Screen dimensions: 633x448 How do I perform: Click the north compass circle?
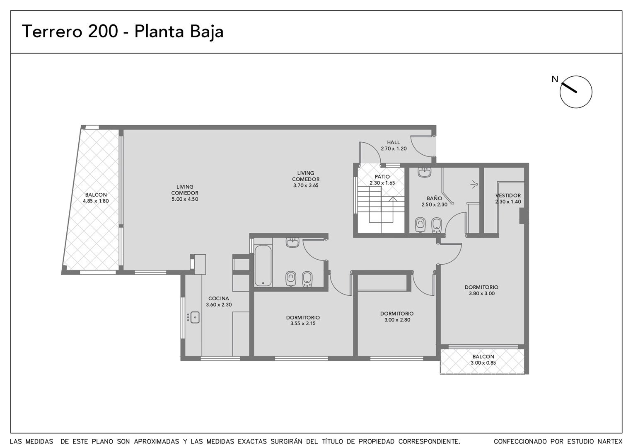[576, 76]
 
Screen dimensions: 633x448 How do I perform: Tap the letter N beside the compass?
[555, 79]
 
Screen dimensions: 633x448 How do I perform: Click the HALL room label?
[394, 142]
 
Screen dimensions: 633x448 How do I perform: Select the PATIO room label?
[382, 177]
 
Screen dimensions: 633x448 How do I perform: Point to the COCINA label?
[219, 298]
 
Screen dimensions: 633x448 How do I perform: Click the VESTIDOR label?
[508, 195]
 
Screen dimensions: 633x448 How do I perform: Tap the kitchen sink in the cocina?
[195, 317]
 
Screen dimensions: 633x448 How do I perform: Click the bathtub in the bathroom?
[263, 266]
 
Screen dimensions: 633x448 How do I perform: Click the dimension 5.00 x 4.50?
[185, 199]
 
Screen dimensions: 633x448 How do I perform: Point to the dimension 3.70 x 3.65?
[306, 186]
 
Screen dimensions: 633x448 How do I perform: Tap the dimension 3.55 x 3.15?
[303, 324]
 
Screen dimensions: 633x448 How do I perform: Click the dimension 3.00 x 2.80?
[397, 320]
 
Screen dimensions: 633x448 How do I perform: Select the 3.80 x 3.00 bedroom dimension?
[481, 293]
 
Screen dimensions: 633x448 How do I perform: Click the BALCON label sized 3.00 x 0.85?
[483, 357]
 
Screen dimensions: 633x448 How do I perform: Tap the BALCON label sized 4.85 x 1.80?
[96, 195]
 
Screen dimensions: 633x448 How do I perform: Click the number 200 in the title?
[103, 31]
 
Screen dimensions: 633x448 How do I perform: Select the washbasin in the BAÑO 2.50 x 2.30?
[424, 172]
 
